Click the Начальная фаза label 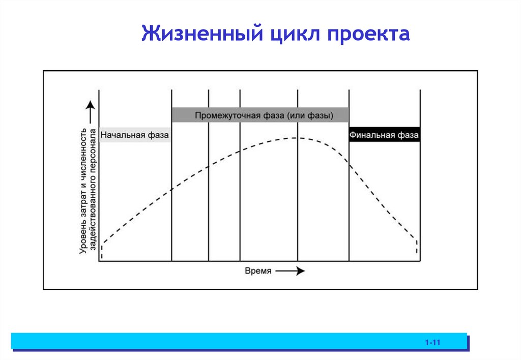coord(134,135)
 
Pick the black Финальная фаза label coord(384,135)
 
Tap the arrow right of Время coord(291,271)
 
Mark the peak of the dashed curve coord(297,138)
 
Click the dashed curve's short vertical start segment coord(102,251)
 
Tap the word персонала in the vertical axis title coord(93,151)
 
